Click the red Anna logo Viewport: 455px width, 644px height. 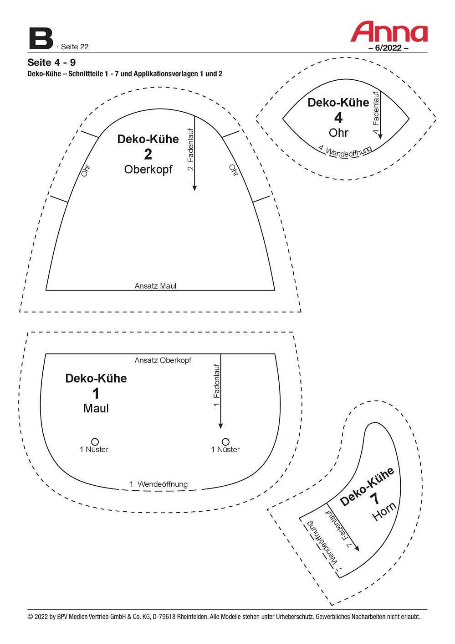[389, 31]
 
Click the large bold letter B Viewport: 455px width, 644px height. [41, 39]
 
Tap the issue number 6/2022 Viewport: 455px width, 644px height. [389, 48]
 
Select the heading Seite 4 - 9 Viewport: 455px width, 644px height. [51, 62]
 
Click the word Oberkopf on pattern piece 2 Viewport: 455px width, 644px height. [148, 169]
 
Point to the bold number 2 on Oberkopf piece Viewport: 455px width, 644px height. [148, 155]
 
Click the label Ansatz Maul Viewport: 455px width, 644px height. [155, 286]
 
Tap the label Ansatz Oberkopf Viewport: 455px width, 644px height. [163, 360]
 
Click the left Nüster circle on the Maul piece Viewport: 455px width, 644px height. [95, 441]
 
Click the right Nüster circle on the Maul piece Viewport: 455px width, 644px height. [225, 441]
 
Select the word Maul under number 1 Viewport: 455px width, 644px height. [96, 409]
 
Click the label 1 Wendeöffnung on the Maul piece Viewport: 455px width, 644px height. [158, 484]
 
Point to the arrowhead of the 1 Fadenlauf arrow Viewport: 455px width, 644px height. [220, 426]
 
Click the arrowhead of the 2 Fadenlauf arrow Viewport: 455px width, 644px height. [194, 188]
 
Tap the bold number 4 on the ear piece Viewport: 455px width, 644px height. [338, 118]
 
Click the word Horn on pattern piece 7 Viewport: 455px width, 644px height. [384, 512]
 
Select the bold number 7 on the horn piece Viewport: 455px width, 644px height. [375, 498]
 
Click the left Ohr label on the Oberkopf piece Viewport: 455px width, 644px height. [86, 171]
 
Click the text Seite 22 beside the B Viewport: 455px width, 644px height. [75, 47]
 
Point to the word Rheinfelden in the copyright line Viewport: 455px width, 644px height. [192, 617]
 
